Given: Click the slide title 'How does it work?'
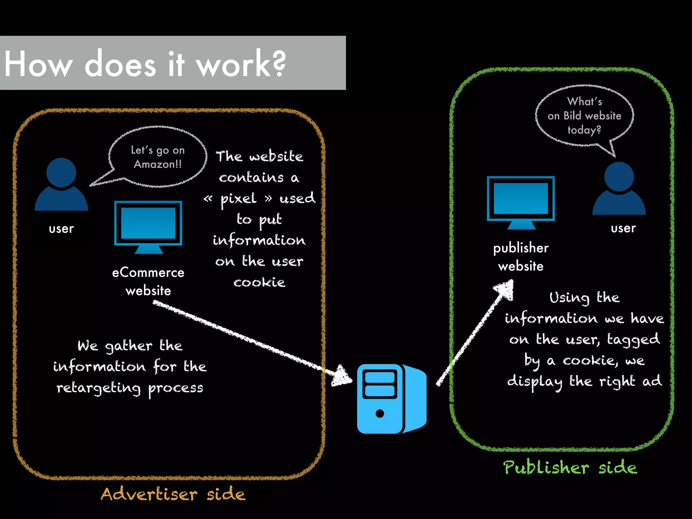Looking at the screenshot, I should [x=145, y=64].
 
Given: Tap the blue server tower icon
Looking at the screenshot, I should [x=391, y=399].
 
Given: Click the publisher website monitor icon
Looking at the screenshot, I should [x=521, y=202].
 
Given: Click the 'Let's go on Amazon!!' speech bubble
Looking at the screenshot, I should [x=158, y=157].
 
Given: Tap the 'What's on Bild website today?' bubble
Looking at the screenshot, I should [x=584, y=116].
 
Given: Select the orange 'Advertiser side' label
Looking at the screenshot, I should [x=173, y=494].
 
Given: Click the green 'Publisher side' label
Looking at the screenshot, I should [x=570, y=468].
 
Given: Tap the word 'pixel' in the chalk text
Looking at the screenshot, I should [x=239, y=199].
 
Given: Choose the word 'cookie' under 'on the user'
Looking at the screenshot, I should [x=259, y=282].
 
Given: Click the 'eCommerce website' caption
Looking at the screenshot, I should [x=148, y=281].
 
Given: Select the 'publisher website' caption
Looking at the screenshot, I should [x=521, y=257].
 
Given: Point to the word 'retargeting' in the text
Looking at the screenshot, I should [x=98, y=388].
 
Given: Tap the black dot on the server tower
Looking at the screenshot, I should [x=379, y=414].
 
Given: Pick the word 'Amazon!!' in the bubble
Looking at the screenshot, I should [x=158, y=164].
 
